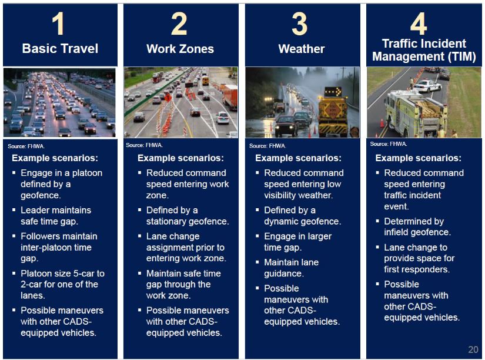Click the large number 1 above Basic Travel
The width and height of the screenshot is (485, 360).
point(58,24)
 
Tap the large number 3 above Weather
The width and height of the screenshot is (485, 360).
point(299,24)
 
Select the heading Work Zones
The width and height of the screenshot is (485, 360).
point(180,49)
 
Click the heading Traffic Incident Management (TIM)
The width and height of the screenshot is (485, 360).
point(424,50)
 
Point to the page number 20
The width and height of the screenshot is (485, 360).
point(473,349)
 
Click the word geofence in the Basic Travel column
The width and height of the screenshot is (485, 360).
point(40,195)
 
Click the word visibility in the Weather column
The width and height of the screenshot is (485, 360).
point(281,195)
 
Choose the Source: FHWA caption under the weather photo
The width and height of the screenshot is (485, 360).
point(267,146)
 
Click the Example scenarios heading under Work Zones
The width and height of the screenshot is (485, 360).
point(180,158)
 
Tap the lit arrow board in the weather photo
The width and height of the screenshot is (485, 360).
point(333,92)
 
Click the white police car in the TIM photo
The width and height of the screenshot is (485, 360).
point(427,86)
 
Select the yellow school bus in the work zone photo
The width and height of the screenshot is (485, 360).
point(205,81)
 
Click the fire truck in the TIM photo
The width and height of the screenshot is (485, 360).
point(416,114)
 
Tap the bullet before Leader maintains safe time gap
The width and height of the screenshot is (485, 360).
point(14,210)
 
